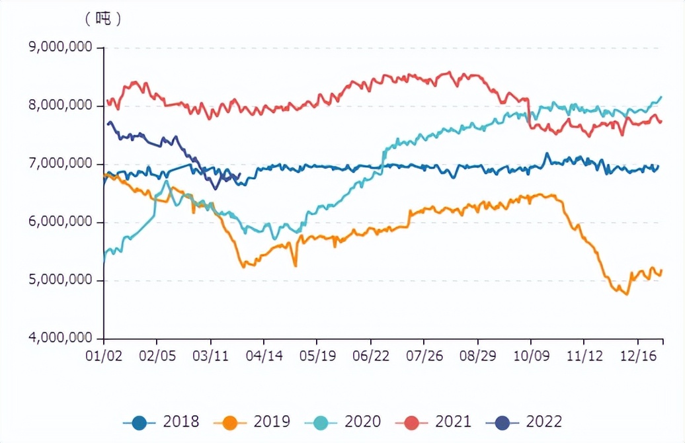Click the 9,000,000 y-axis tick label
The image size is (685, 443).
[61, 48]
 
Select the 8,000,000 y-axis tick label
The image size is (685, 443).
[61, 106]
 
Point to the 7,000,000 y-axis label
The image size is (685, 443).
[61, 164]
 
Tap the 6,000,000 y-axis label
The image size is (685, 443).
[61, 222]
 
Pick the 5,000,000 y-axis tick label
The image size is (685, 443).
[61, 280]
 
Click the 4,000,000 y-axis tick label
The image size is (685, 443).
[61, 339]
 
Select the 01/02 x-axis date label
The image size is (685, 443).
[104, 355]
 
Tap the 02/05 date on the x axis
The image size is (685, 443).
[157, 355]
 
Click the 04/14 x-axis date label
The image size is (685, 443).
[264, 355]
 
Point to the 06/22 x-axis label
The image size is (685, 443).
[371, 355]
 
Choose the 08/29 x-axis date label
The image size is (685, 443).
[477, 355]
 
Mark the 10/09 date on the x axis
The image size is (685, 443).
[531, 355]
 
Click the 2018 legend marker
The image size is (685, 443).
[140, 421]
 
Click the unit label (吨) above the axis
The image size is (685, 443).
[103, 19]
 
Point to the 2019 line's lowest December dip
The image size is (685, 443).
[626, 294]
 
